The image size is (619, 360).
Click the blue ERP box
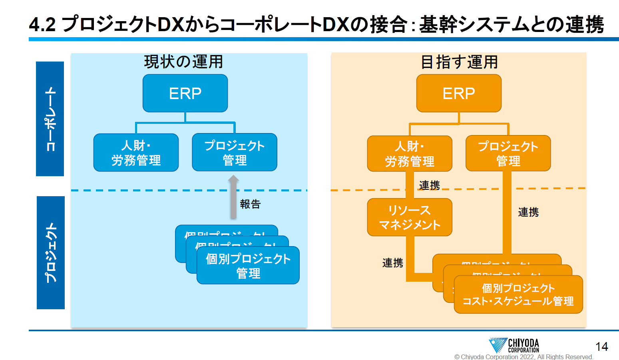click(x=185, y=93)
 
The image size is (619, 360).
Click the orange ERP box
click(x=459, y=93)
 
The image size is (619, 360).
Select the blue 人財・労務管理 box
click(x=136, y=153)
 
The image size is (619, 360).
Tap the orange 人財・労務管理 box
click(x=410, y=153)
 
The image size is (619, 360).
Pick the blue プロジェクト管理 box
click(x=235, y=152)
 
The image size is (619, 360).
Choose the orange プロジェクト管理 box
click(x=508, y=153)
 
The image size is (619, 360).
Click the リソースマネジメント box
click(x=410, y=217)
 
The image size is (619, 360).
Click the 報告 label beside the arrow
click(x=250, y=204)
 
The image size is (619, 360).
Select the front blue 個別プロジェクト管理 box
click(x=248, y=266)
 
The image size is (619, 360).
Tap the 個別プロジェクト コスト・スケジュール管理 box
click(x=518, y=294)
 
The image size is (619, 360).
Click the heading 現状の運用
click(x=183, y=62)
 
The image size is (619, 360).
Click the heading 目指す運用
click(x=460, y=62)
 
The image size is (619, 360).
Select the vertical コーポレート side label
click(x=50, y=119)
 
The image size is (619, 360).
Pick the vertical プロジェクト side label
click(x=51, y=253)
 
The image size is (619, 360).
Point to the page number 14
click(x=601, y=346)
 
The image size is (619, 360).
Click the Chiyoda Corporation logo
click(x=514, y=345)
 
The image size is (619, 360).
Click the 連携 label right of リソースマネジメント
click(x=528, y=212)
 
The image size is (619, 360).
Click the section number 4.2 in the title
click(x=42, y=25)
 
